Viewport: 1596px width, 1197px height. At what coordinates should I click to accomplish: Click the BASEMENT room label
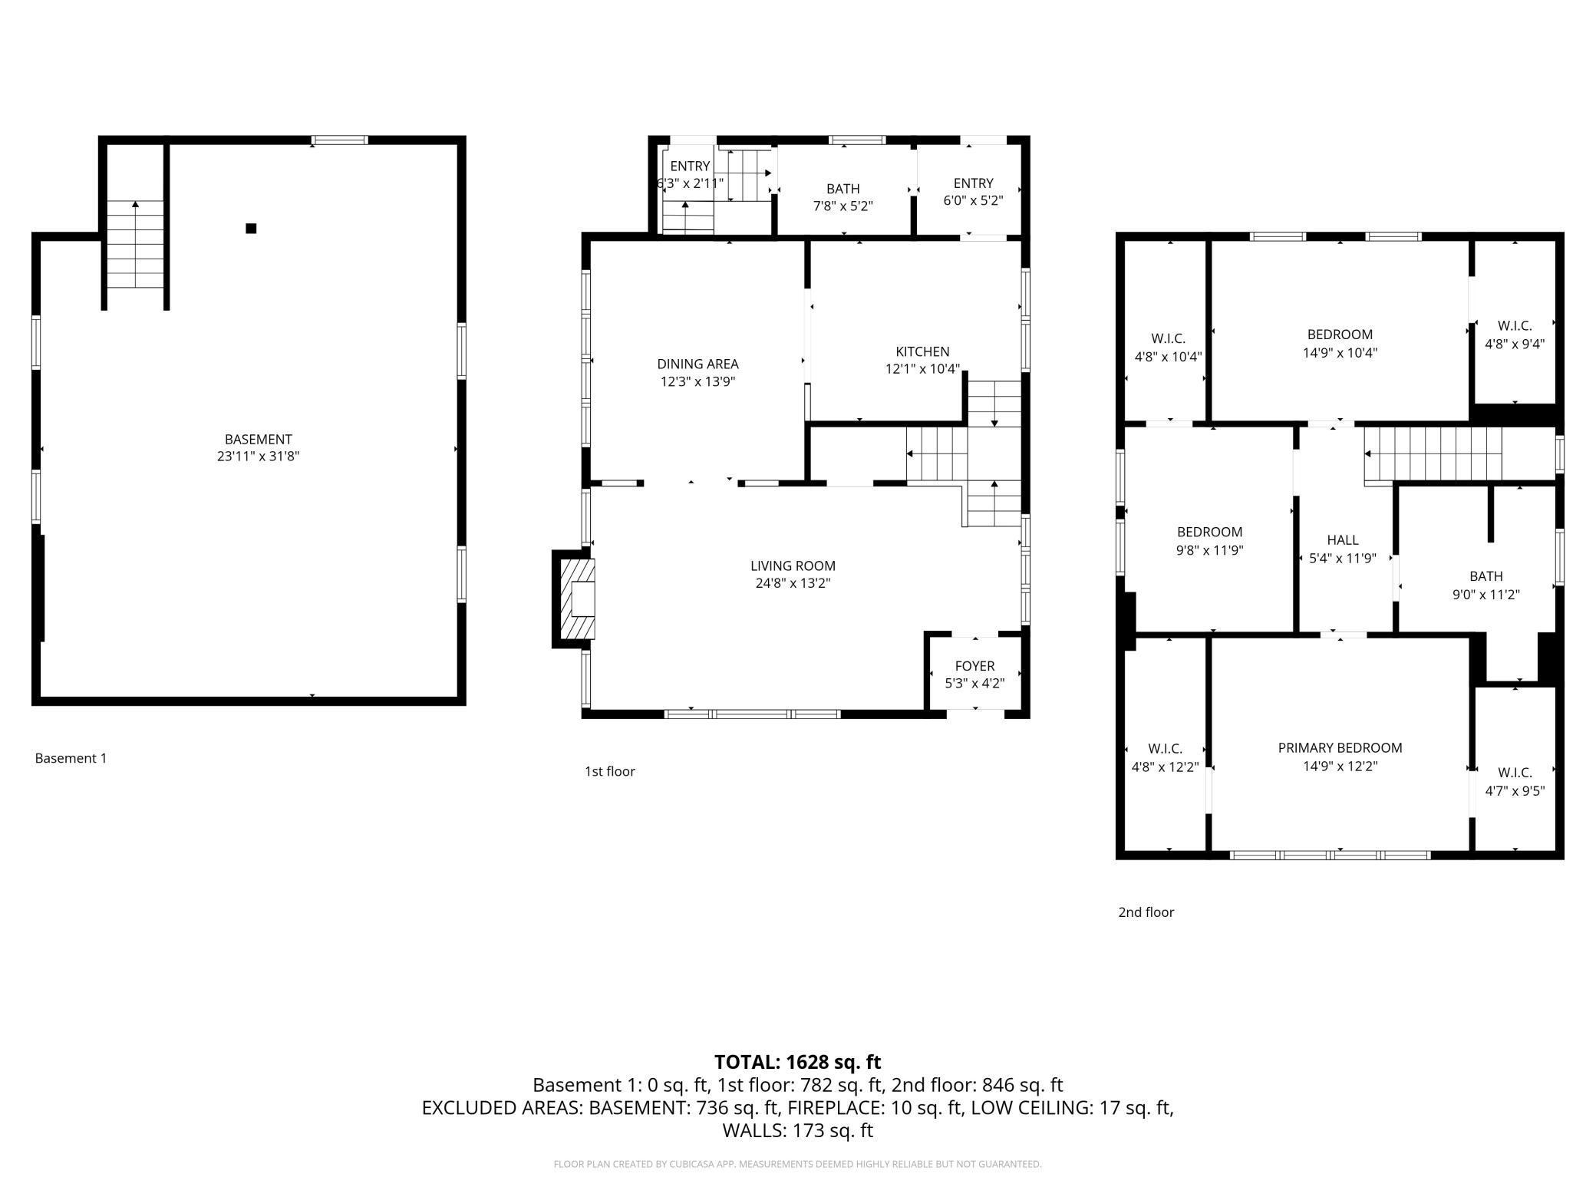point(258,440)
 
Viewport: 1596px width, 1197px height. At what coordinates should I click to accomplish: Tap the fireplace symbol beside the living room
point(577,598)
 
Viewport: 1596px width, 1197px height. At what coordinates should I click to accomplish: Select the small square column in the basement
point(251,228)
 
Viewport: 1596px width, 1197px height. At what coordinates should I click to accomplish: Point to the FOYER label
point(974,666)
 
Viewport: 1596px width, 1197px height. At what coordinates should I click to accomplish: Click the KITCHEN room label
point(922,351)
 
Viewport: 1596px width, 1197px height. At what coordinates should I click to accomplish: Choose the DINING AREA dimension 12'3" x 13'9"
point(697,381)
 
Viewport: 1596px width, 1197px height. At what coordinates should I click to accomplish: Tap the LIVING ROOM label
point(793,566)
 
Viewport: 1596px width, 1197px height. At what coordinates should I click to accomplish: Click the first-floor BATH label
point(843,189)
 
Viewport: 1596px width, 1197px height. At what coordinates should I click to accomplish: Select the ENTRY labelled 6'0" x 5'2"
point(973,192)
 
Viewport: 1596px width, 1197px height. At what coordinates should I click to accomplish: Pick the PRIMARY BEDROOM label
point(1340,748)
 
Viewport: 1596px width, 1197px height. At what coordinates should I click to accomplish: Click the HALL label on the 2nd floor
point(1342,540)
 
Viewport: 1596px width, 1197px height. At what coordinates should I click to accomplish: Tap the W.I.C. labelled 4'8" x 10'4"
point(1168,348)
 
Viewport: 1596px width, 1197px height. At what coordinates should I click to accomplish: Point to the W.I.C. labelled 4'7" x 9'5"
point(1515,782)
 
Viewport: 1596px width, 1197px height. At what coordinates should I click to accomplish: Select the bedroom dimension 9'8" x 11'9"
point(1209,550)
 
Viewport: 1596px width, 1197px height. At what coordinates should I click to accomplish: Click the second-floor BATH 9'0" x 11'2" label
point(1486,585)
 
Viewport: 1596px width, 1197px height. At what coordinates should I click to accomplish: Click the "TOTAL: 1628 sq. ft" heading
point(797,1062)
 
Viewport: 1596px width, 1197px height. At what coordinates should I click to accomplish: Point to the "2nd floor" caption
point(1146,912)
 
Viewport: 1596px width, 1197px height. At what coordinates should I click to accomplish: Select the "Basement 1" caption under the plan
point(71,758)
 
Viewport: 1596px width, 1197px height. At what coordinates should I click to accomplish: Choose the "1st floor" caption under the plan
point(609,771)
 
